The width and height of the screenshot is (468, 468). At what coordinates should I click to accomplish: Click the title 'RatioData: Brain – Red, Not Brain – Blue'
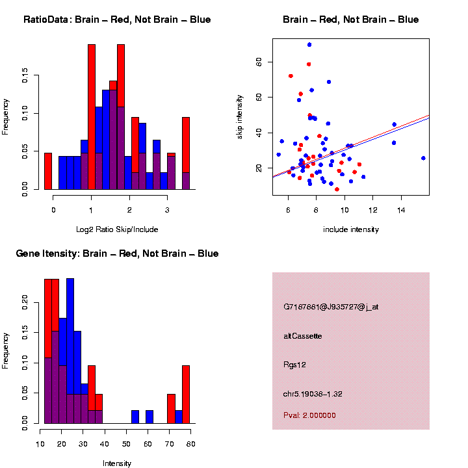[x=117, y=19]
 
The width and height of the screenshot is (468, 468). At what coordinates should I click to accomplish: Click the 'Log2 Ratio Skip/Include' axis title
[x=117, y=229]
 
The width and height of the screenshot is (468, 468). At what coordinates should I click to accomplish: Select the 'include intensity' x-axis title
[x=350, y=229]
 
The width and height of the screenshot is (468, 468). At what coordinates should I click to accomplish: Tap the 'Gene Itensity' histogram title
[x=117, y=253]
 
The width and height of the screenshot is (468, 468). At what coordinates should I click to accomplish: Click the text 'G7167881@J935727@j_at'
[x=330, y=306]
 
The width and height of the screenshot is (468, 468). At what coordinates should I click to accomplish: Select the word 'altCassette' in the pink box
[x=302, y=336]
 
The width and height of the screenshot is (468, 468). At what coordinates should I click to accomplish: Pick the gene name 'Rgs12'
[x=294, y=365]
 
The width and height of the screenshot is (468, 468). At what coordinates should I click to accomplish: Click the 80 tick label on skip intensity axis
[x=259, y=62]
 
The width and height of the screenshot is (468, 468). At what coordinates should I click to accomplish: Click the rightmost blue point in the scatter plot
[x=423, y=158]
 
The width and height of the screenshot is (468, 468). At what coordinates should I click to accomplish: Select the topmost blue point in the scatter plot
[x=309, y=45]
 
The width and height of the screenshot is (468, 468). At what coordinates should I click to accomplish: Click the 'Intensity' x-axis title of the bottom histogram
[x=117, y=463]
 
